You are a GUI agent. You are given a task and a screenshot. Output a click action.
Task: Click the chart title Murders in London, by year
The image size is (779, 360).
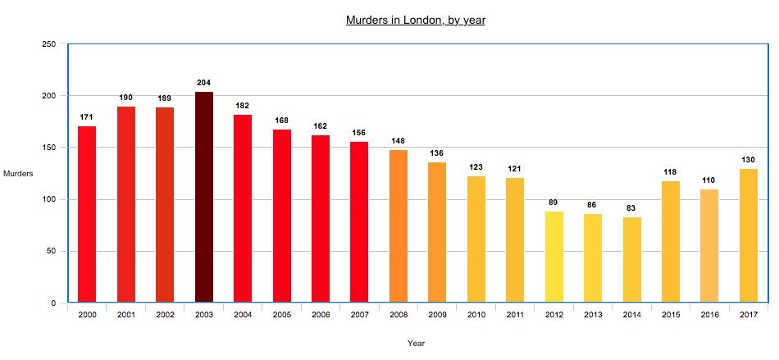(415, 20)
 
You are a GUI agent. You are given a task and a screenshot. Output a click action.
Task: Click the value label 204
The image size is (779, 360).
(204, 83)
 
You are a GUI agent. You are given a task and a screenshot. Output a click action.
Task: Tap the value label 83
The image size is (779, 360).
(631, 208)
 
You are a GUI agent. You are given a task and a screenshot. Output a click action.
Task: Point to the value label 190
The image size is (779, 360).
(125, 98)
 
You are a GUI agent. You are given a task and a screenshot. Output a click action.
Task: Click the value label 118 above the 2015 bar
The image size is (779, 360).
(671, 171)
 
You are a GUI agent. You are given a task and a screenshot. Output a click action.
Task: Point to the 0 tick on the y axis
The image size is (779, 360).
(53, 303)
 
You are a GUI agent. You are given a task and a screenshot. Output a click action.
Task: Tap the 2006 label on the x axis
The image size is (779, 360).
(321, 315)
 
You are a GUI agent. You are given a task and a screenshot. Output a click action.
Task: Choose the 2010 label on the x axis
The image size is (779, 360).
(476, 315)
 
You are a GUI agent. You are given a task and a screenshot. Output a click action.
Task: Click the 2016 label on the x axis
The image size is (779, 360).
(709, 315)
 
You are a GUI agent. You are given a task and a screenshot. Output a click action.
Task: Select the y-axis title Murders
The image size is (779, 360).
(18, 174)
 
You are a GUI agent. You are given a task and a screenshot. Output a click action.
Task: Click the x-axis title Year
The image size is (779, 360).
(416, 344)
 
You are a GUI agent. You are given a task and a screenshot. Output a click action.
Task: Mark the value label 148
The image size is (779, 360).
(399, 141)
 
